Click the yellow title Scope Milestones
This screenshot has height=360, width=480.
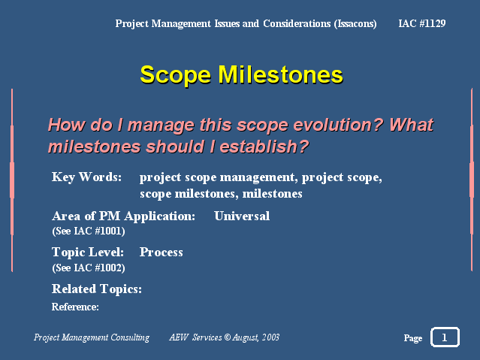[242, 75]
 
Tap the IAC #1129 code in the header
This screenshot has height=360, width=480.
[422, 23]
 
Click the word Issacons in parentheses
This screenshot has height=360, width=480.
[355, 24]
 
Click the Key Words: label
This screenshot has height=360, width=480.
[86, 177]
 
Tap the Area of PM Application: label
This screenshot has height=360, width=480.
[124, 216]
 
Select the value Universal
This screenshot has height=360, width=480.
[242, 216]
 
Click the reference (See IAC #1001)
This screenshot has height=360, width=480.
[89, 231]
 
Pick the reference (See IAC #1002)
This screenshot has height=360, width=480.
[89, 268]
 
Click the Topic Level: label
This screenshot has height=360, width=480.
[88, 253]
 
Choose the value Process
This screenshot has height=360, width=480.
[162, 253]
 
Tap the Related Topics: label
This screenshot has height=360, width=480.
[97, 289]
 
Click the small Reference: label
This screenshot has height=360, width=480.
[75, 307]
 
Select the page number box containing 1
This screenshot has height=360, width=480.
[445, 337]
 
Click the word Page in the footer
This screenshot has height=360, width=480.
[413, 338]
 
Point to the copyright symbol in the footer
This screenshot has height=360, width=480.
[227, 337]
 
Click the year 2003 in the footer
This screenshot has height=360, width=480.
[270, 337]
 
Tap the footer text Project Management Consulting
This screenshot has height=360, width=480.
[92, 337]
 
